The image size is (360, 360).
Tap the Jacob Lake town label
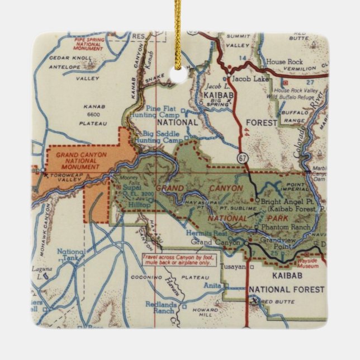pos(248,79)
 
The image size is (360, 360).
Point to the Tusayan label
pos(233,267)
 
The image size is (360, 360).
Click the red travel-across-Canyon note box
pos(173,260)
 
